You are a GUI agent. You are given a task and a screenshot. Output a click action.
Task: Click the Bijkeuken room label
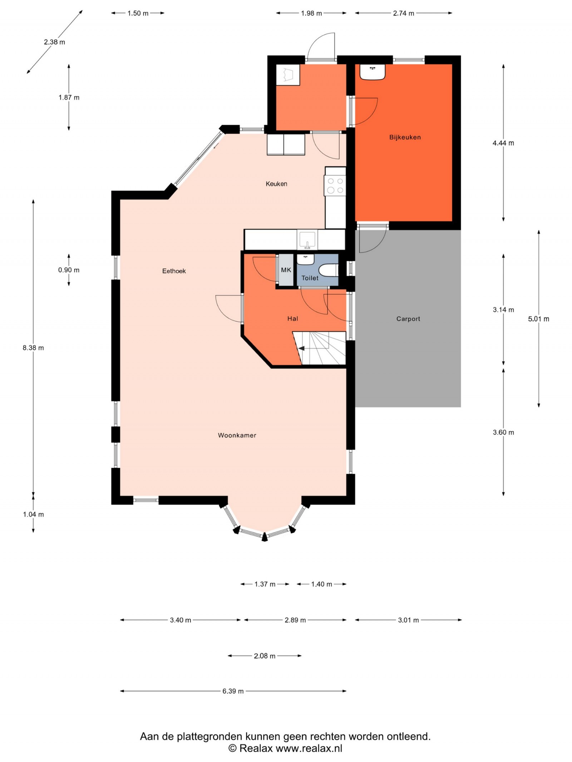405,137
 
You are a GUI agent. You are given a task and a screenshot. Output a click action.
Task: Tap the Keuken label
276,184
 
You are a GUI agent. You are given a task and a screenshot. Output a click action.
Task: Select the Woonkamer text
237,435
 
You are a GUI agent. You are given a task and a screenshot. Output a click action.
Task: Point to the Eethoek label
174,271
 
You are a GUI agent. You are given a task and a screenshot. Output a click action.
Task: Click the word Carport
408,319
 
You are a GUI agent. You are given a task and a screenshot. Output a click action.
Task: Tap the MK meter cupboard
286,270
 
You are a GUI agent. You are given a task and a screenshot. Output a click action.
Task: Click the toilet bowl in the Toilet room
329,270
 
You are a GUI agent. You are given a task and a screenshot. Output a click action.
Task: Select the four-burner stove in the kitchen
335,186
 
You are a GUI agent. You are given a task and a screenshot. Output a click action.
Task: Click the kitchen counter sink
307,240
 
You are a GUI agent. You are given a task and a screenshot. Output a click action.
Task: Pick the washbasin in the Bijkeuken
372,72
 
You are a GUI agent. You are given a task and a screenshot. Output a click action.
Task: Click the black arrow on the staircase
301,349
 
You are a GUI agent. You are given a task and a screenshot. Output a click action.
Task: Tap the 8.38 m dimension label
33,348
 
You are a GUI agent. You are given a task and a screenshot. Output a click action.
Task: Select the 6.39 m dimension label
233,691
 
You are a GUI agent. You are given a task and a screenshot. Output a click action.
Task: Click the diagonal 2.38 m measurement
54,42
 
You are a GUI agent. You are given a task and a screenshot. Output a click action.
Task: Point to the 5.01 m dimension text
539,319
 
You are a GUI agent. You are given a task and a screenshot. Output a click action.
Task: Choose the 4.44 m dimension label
503,143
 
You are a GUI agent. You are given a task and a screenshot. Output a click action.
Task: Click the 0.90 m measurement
69,270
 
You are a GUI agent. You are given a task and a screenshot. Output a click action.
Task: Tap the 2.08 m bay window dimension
265,656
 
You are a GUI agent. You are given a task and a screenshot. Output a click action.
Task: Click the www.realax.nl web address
309,748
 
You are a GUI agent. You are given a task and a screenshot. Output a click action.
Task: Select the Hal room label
292,319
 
